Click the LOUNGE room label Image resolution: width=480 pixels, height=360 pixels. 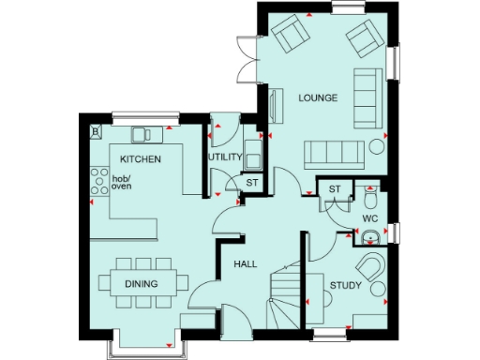click(318, 97)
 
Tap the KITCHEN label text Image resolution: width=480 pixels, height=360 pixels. click(140, 159)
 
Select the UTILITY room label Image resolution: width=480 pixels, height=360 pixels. click(226, 157)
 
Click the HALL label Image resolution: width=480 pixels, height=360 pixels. click(246, 265)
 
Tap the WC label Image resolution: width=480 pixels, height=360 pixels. click(370, 220)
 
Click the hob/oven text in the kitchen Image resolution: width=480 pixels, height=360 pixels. click(123, 182)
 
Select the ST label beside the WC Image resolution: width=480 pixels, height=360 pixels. click(335, 190)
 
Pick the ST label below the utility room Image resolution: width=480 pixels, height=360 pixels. click(253, 181)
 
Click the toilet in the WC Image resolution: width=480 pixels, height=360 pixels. click(372, 199)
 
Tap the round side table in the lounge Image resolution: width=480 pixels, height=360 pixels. click(378, 145)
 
